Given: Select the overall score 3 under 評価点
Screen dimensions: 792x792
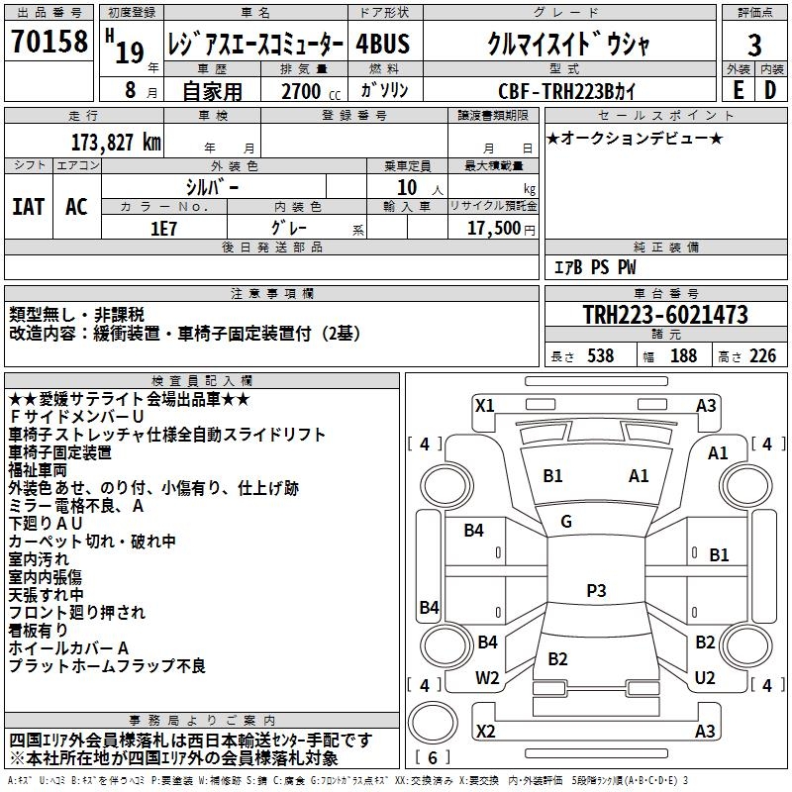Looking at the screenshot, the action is [754, 45].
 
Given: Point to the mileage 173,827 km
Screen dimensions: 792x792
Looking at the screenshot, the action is [117, 143].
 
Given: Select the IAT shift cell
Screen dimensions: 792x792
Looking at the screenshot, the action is [28, 207].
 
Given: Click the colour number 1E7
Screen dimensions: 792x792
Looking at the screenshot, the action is [163, 227].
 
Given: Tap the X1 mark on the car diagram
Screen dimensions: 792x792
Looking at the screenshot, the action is [485, 405].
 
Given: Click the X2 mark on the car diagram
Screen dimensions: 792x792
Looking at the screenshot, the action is [485, 731].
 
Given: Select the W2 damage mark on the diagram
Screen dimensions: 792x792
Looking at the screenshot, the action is [487, 678].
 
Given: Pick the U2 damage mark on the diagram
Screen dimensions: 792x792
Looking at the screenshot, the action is [705, 678].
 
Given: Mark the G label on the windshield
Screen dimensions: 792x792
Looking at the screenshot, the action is [566, 522].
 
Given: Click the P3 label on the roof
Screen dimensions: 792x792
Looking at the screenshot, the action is [596, 591].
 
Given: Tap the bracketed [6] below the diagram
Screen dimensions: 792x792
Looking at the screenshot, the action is [433, 757].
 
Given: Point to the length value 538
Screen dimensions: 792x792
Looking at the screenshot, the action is [600, 355].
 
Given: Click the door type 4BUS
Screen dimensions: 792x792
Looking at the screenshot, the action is [383, 44].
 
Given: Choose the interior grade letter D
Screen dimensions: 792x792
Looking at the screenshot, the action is [770, 89].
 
